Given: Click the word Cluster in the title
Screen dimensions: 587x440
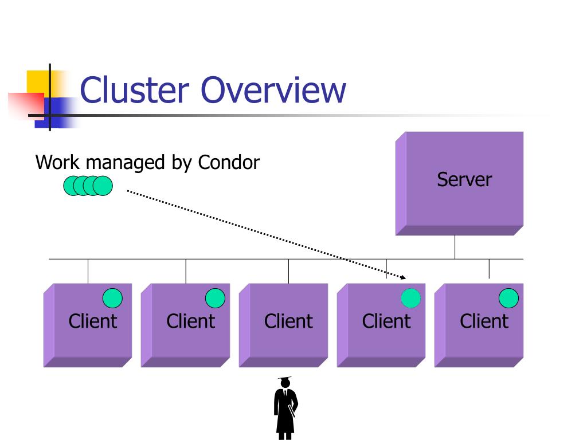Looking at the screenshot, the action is coord(135,90).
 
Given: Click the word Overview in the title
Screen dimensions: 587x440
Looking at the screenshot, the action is coord(273,90).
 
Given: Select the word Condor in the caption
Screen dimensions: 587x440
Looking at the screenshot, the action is coord(229,162).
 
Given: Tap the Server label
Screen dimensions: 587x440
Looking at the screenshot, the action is coord(464,179).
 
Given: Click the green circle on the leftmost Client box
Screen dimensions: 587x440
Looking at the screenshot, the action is coord(112,298).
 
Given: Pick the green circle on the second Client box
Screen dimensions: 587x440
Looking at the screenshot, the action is coord(216,298).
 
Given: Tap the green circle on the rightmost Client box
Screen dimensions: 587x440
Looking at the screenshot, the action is coord(509,298).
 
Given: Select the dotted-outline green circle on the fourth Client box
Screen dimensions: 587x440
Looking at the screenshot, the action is coord(410,298).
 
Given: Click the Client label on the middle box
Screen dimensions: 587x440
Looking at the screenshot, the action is coord(289,321).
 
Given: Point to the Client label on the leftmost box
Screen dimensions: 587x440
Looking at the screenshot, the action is coord(93,321).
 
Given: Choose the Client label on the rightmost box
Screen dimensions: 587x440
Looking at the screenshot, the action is coord(484,321).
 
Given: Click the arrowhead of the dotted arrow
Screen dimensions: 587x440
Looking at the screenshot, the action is coord(403,277).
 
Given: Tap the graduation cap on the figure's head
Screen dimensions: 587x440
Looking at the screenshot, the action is coord(284,379).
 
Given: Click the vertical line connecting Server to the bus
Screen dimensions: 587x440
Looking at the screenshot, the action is coord(455,247).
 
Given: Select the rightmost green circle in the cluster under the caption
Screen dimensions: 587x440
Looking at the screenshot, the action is coord(103,186).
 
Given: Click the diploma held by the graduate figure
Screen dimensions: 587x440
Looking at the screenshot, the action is coord(292,411).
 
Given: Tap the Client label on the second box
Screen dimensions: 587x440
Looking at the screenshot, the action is coord(191,321).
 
